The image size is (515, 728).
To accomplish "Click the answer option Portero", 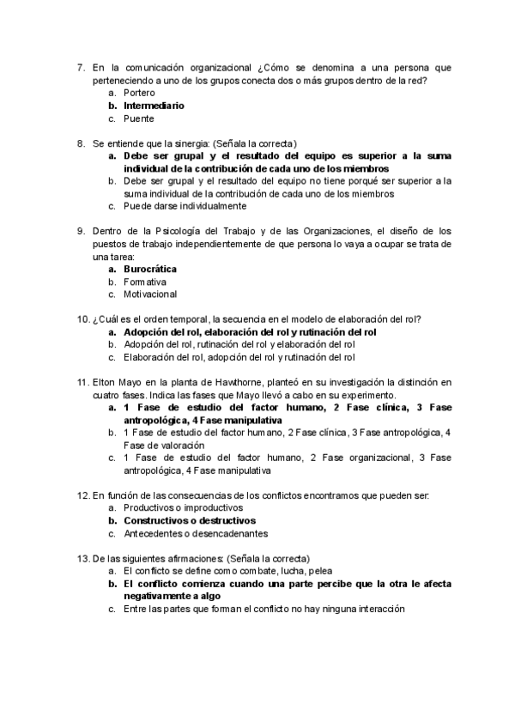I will [139, 92].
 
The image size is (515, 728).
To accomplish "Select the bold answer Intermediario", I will [154, 106].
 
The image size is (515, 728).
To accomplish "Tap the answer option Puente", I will [138, 119].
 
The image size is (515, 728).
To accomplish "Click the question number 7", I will [80, 67].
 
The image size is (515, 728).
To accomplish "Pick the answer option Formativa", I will [144, 282].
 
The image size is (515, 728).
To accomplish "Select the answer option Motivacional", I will [150, 294].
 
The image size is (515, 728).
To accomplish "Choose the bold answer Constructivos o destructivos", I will [190, 520].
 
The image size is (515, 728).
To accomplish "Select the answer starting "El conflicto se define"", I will [227, 570].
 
